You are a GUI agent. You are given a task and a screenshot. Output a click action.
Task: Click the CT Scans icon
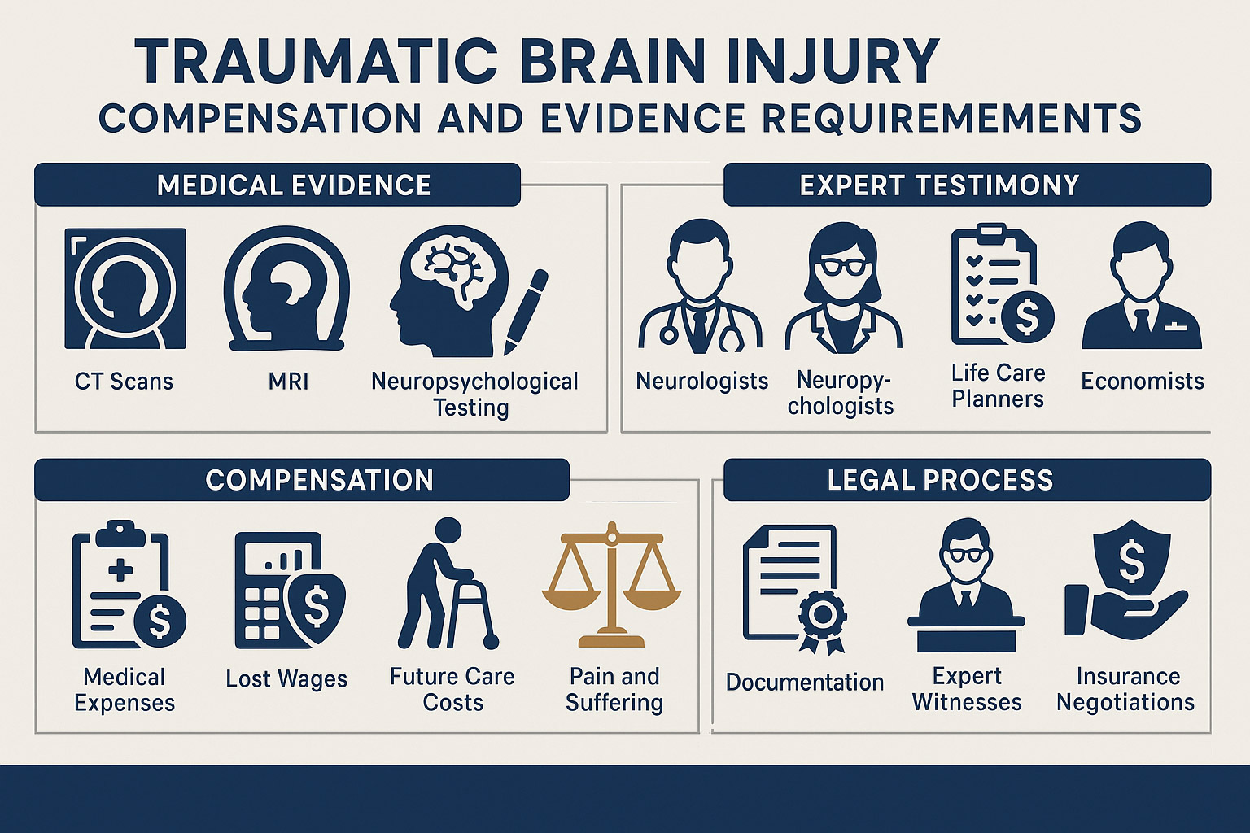[x=125, y=289]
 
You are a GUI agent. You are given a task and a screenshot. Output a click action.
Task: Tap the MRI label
[x=288, y=381]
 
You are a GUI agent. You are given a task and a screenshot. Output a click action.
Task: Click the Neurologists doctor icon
[x=700, y=289]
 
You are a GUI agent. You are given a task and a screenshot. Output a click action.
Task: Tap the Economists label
[x=1142, y=381]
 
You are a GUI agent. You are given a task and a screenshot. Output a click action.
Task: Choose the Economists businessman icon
[x=1141, y=289]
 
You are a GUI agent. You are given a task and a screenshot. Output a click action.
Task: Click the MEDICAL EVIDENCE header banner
[x=278, y=185]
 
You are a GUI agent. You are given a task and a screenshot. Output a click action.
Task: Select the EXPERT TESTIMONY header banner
[x=967, y=185]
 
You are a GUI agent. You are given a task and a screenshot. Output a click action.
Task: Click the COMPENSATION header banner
[x=302, y=480]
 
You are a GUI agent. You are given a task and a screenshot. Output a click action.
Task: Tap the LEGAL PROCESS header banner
[x=967, y=480]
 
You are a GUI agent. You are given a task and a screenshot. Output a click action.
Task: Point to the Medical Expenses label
[x=125, y=689]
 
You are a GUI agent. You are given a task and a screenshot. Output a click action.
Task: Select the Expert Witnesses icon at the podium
[x=966, y=586]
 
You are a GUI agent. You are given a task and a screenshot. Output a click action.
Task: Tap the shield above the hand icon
[x=1132, y=561]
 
